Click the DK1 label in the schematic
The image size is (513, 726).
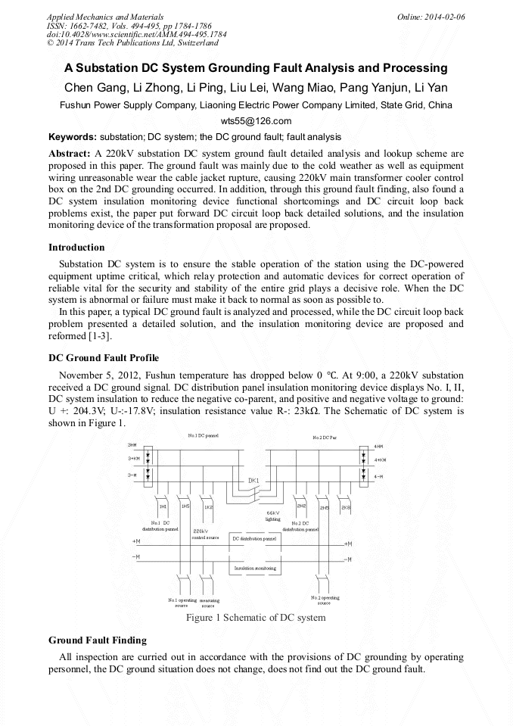pyautogui.click(x=253, y=481)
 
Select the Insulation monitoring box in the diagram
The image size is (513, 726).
pyautogui.click(x=255, y=567)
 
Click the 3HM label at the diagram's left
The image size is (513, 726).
pyautogui.click(x=132, y=444)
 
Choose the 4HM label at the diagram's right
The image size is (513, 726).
pyautogui.click(x=379, y=447)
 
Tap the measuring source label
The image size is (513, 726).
pyautogui.click(x=208, y=603)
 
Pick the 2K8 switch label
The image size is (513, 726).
pyautogui.click(x=346, y=506)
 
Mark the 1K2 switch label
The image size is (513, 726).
pyautogui.click(x=208, y=506)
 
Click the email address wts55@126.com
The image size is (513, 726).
pyautogui.click(x=256, y=121)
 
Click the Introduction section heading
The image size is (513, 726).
pyautogui.click(x=76, y=247)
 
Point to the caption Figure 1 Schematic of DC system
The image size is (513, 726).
pyautogui.click(x=256, y=618)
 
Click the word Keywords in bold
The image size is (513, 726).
pyautogui.click(x=72, y=137)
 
